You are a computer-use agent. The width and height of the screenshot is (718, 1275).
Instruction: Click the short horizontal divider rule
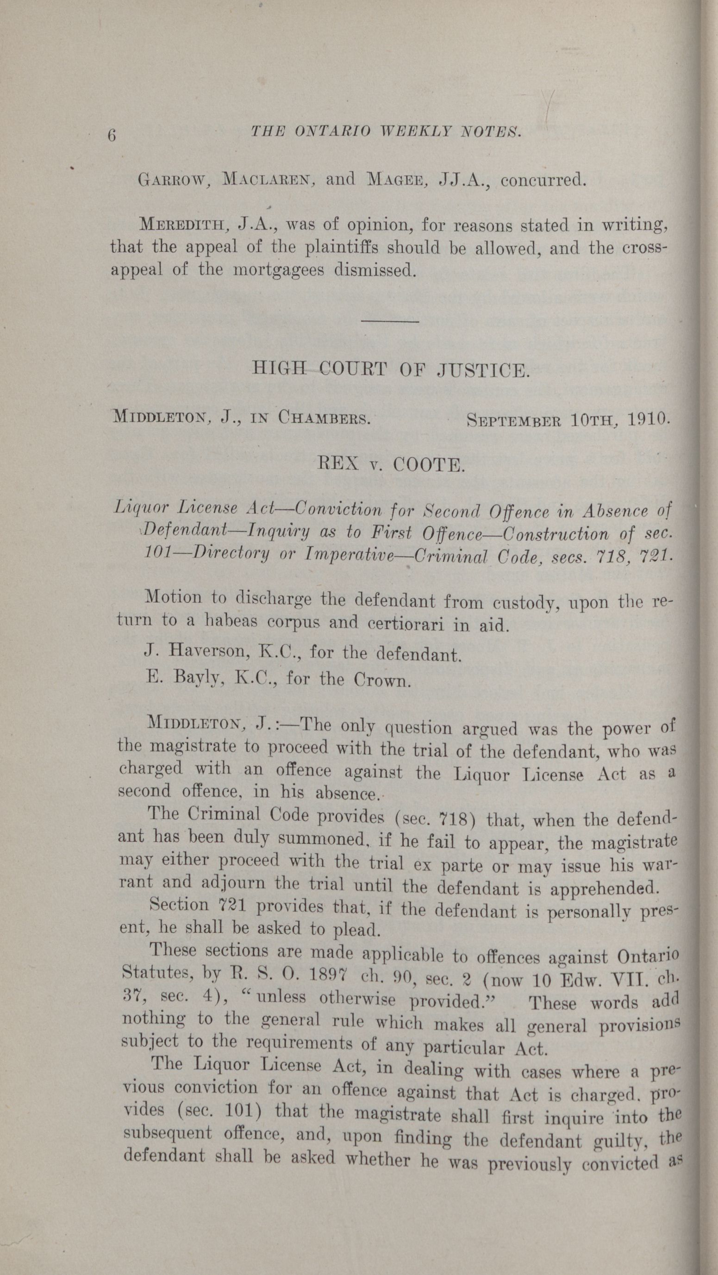[391, 322]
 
